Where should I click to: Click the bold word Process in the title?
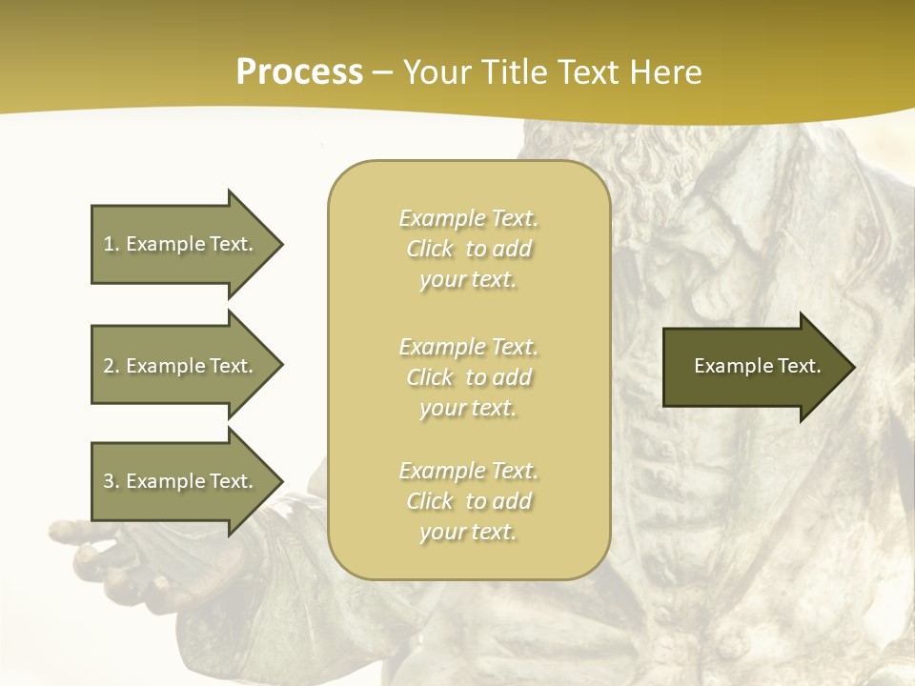click(x=299, y=72)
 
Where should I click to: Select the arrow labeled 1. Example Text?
click(x=181, y=244)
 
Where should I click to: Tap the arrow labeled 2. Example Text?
click(x=181, y=366)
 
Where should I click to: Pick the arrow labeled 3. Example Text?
click(x=181, y=481)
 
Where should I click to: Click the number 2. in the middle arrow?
click(x=112, y=366)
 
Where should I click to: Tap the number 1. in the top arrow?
click(x=112, y=244)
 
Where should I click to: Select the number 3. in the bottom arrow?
click(x=112, y=481)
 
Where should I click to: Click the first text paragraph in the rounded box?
click(x=468, y=249)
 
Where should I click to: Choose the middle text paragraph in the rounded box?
click(x=468, y=377)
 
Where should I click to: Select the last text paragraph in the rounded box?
click(x=468, y=501)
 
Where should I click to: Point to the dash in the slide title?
click(x=383, y=73)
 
